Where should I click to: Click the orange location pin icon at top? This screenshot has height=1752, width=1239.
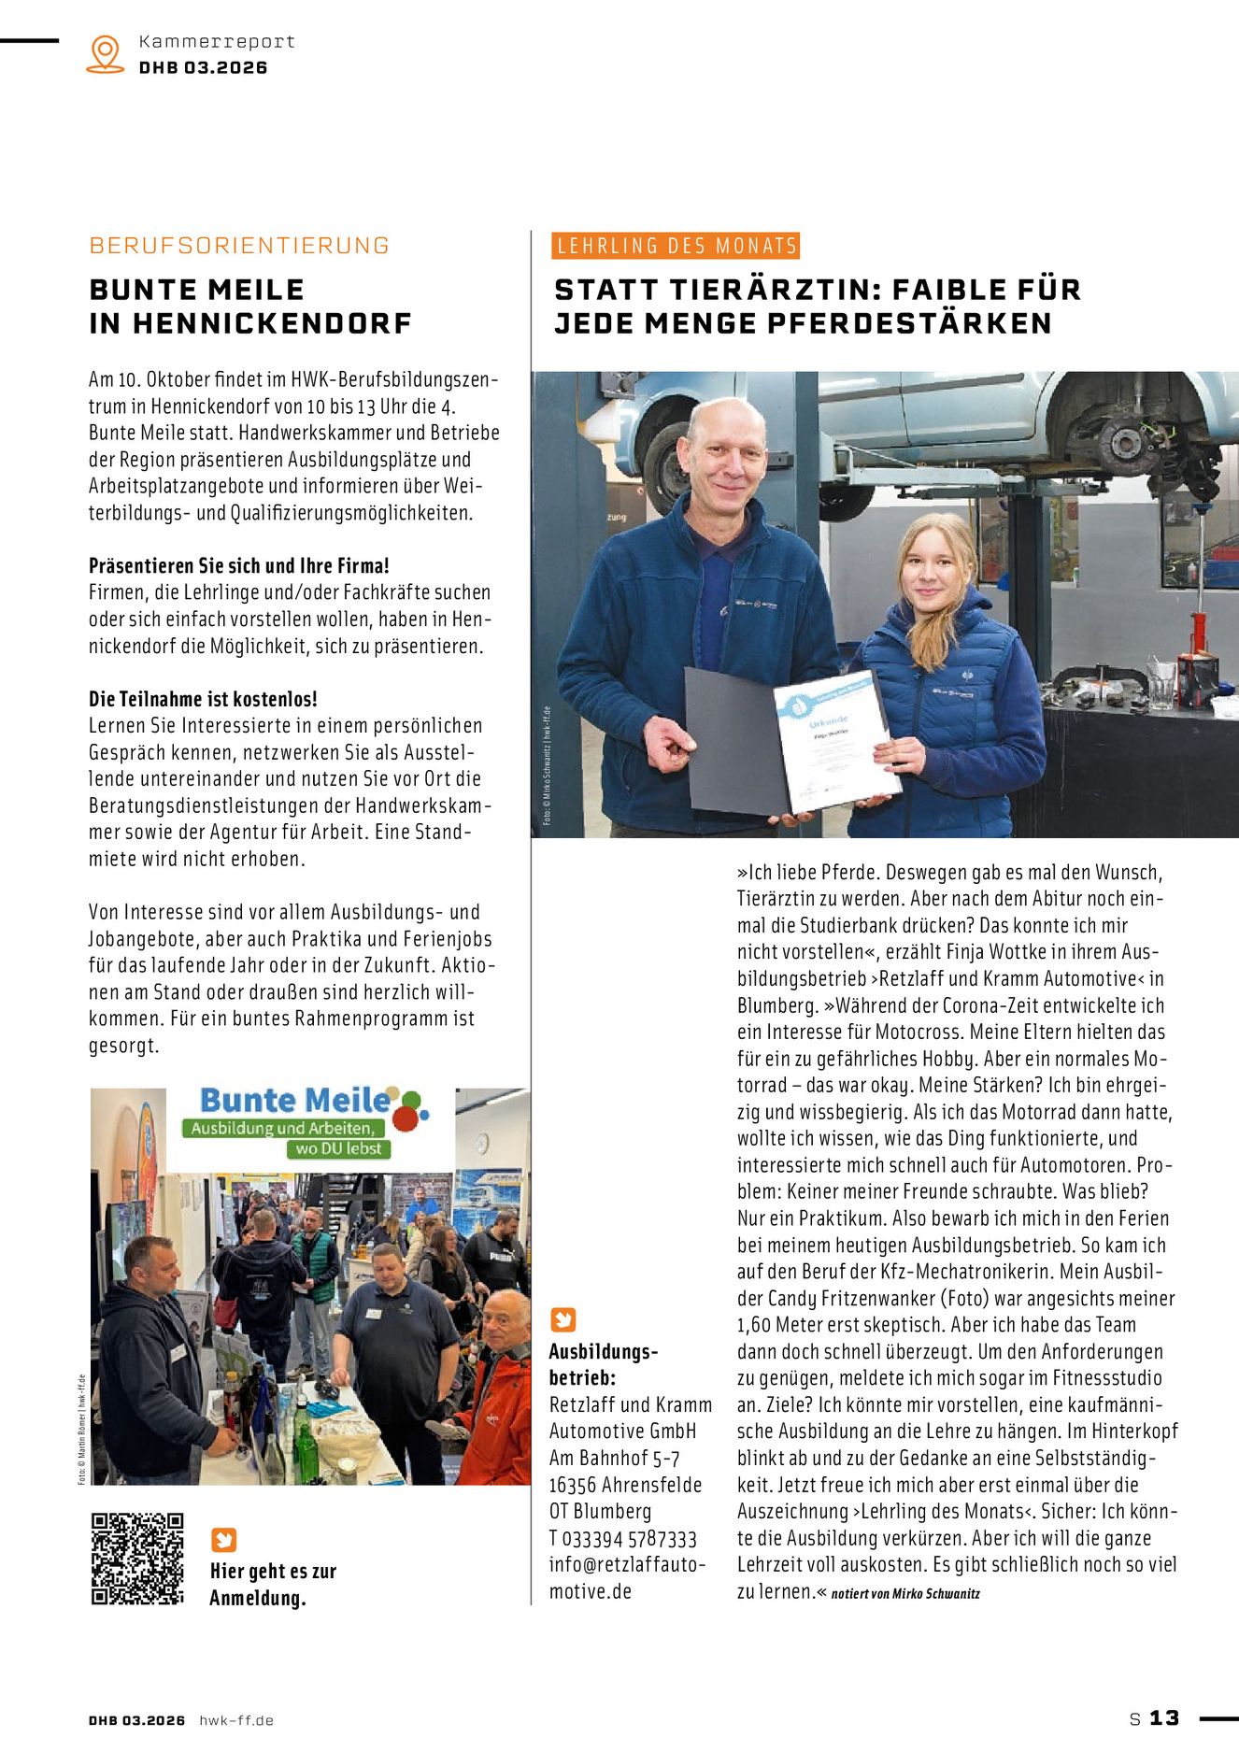coord(105,53)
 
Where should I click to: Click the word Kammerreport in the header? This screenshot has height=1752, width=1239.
coord(217,41)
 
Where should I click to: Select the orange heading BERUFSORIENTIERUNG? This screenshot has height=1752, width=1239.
coord(239,246)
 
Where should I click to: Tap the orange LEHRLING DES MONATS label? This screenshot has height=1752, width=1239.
coord(676,246)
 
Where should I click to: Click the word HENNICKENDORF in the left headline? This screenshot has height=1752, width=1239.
coord(272,323)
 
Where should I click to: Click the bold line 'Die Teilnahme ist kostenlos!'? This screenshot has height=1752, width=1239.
coord(203,699)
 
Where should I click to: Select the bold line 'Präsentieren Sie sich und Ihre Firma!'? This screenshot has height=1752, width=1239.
coord(239,565)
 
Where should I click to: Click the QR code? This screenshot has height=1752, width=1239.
coord(137,1559)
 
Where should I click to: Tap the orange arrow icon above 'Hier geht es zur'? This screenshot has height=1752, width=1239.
coord(223,1540)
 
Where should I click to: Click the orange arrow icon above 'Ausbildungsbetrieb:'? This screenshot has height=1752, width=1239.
coord(563,1319)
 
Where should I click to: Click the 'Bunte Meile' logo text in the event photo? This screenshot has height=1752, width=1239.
coord(295,1100)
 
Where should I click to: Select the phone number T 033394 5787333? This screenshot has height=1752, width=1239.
coord(623,1539)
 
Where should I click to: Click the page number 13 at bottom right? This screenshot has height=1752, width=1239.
coord(1164,1718)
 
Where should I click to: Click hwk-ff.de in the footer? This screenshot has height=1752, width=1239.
coord(236,1720)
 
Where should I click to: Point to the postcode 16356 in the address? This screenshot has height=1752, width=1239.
coord(572,1486)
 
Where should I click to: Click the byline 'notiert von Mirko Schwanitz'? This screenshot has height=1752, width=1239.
coord(905,1594)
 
